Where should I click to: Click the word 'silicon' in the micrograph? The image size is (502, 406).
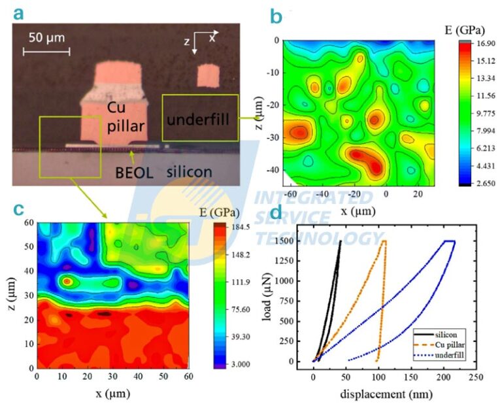click(189, 171)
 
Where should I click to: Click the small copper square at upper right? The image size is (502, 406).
click(207, 75)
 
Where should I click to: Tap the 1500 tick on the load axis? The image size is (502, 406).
click(294, 241)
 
